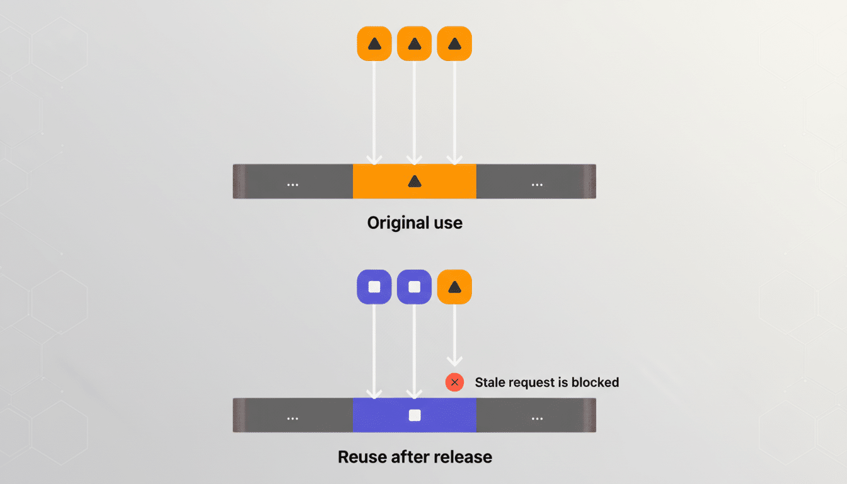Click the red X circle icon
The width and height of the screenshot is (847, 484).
click(x=454, y=383)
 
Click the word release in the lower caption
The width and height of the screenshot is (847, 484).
click(x=464, y=457)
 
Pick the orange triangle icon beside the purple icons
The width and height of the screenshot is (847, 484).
click(x=454, y=287)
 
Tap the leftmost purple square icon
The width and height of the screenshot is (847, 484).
click(x=374, y=287)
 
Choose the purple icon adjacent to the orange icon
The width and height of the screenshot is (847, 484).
click(x=414, y=287)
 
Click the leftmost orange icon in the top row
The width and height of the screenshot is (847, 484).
click(x=374, y=43)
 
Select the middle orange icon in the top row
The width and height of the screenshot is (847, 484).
click(x=414, y=43)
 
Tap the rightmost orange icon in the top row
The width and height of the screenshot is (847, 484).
click(x=454, y=43)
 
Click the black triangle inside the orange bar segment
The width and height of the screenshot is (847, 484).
click(x=414, y=181)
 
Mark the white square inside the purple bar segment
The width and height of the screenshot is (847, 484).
click(x=414, y=415)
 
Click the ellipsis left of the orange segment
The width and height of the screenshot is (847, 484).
click(x=292, y=185)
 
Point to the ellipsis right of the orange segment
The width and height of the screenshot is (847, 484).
click(x=537, y=185)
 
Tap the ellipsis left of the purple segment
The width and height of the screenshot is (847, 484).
click(x=292, y=418)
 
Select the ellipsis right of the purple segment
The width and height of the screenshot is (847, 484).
click(x=537, y=418)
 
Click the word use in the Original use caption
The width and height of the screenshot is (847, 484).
click(x=447, y=223)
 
